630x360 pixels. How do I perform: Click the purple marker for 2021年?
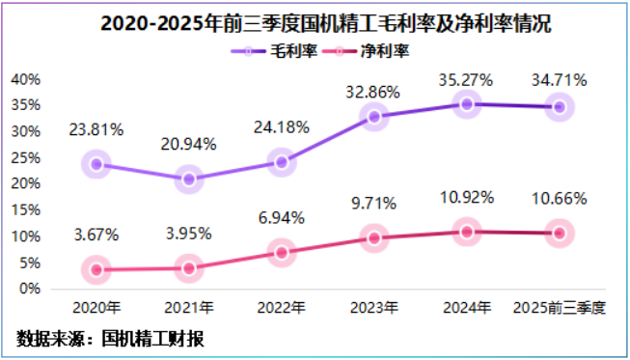pos(189,179)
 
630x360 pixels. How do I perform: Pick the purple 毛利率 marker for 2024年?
pos(467,103)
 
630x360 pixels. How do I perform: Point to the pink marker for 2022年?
pos(282,253)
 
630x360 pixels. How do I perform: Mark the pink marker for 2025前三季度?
pos(560,233)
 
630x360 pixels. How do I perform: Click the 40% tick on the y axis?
pos(25,78)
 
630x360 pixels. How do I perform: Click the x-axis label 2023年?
pos(374,308)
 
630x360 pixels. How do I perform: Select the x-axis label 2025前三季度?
pos(560,308)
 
